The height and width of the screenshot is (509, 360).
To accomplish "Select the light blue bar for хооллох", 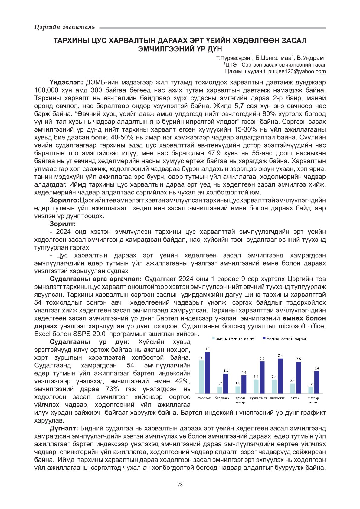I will pyautogui.click(x=201, y=377).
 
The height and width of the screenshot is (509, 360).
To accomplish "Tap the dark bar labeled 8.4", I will pyautogui.click(x=280, y=376).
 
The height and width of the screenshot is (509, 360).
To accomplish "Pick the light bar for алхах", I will pyautogui.click(x=293, y=388).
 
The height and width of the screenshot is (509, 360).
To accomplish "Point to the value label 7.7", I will pyautogui.click(x=262, y=359).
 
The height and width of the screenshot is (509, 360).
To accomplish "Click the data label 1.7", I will pyautogui.click(x=220, y=384).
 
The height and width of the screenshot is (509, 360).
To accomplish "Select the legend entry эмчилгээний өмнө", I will pyautogui.click(x=235, y=338).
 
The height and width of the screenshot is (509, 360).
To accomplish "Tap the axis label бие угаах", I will pyautogui.click(x=222, y=398).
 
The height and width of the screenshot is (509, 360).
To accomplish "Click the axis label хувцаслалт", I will pyautogui.click(x=259, y=398).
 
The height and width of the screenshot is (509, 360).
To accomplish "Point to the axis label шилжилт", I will pyautogui.click(x=277, y=398).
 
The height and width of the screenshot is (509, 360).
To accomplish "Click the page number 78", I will pyautogui.click(x=180, y=485).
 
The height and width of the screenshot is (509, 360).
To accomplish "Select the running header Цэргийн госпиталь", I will pyautogui.click(x=65, y=28).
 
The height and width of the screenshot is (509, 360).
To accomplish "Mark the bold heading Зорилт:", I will pyautogui.click(x=63, y=224).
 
